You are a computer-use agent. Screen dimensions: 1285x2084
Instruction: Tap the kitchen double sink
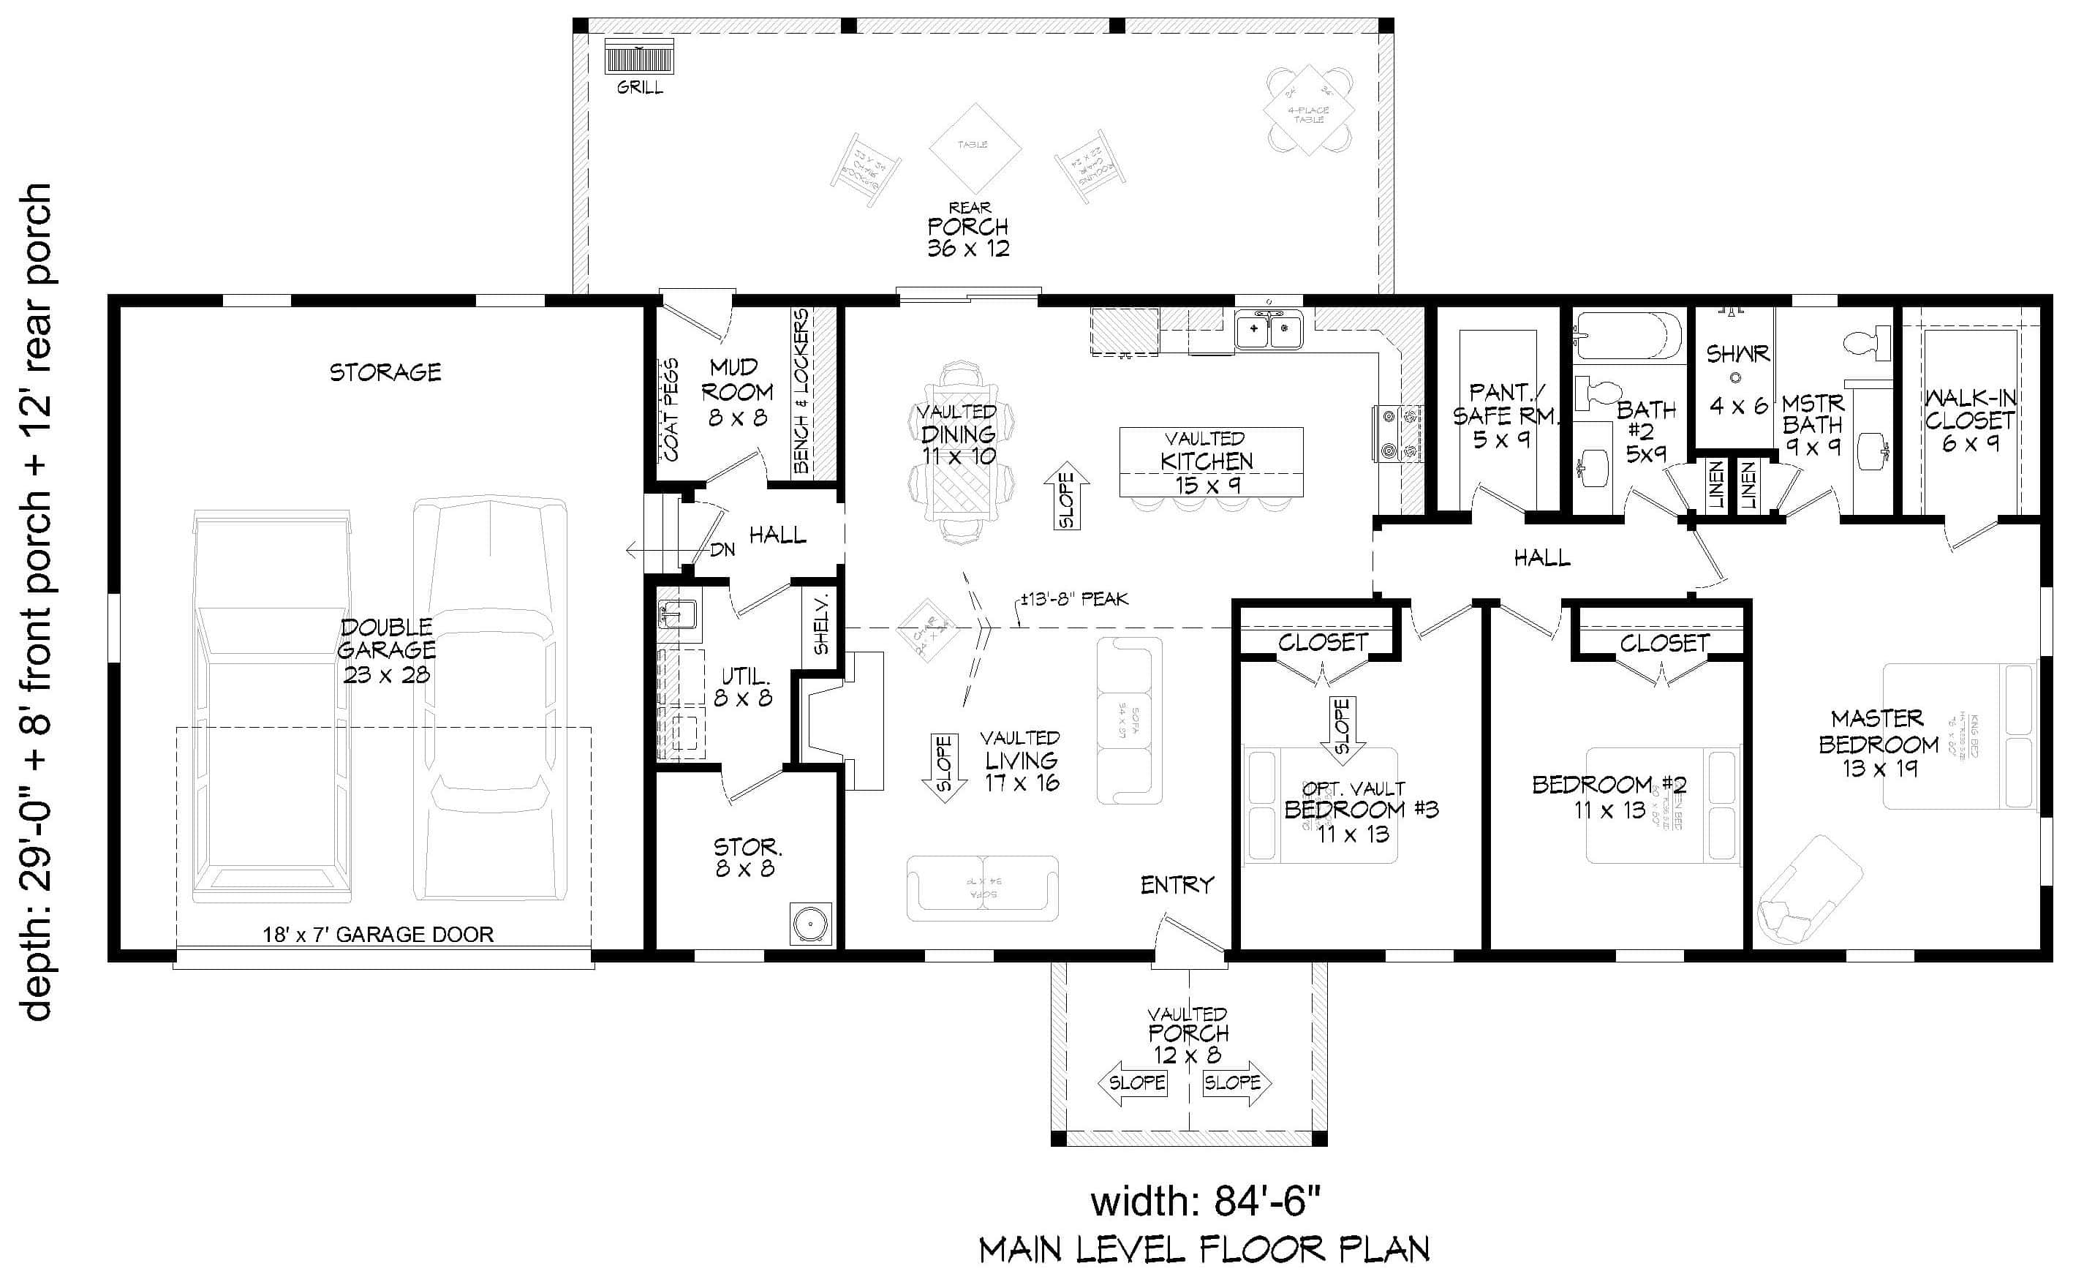(1269, 330)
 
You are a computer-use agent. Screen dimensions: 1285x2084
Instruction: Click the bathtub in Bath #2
(1628, 336)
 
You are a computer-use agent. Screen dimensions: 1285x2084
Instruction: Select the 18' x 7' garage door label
(378, 935)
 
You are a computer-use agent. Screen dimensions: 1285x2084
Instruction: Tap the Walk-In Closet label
(1969, 420)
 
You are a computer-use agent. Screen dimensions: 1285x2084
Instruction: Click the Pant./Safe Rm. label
(1505, 415)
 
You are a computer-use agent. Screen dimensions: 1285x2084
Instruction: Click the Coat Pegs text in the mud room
(671, 410)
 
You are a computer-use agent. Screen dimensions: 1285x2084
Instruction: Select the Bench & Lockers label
(801, 391)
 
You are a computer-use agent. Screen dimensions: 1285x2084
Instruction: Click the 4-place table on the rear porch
(1308, 111)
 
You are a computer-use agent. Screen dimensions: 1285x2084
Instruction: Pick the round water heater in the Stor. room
(809, 922)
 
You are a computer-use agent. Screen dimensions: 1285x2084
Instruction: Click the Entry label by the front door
(1177, 886)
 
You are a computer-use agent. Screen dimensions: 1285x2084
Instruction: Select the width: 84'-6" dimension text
(1206, 1202)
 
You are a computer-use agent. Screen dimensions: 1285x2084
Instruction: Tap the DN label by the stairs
(722, 550)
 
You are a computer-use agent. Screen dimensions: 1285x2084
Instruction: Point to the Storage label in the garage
(385, 372)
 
